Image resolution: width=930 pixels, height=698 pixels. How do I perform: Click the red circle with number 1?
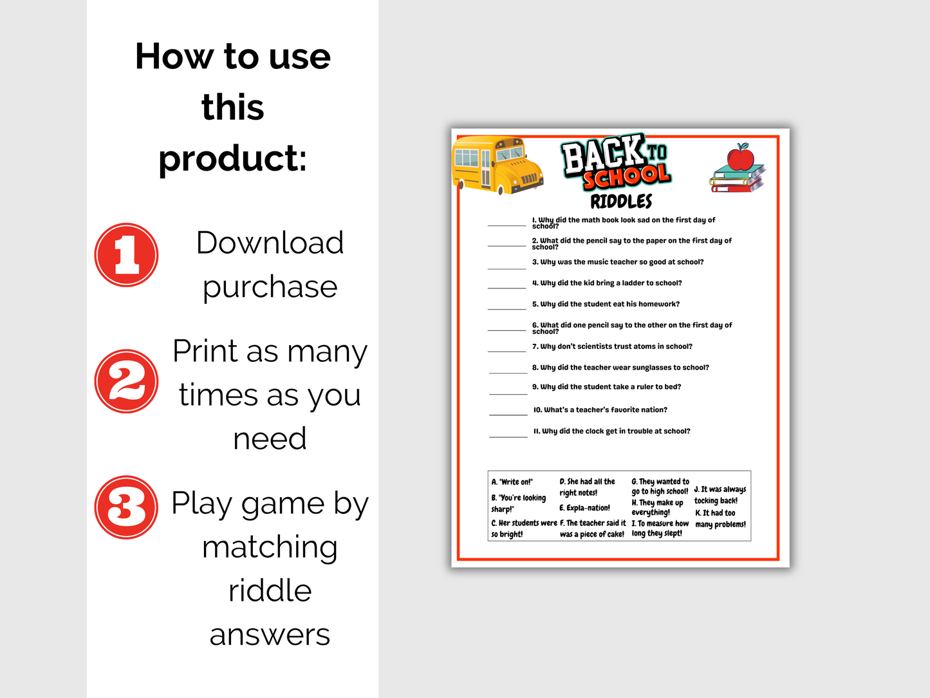(x=126, y=255)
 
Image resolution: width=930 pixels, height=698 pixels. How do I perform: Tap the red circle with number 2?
(x=126, y=381)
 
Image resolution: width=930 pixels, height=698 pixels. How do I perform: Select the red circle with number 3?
(x=126, y=507)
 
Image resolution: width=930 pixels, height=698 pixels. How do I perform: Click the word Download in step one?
(x=270, y=243)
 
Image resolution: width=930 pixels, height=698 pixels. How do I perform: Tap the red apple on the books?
(x=740, y=157)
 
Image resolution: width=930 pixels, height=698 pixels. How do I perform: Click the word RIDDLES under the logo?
(x=621, y=202)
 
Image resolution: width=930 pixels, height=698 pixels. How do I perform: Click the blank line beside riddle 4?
(x=507, y=288)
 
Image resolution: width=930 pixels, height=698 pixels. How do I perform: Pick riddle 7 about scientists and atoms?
(x=612, y=346)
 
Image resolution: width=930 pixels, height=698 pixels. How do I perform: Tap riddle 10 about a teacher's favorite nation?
(x=600, y=410)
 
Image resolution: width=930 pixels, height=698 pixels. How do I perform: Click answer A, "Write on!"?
(x=512, y=482)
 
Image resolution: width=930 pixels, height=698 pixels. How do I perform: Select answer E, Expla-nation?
(x=584, y=507)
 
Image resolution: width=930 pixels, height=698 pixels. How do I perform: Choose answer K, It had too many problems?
(x=720, y=518)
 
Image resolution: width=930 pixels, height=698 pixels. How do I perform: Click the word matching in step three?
(x=270, y=549)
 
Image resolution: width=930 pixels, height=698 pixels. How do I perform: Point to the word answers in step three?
(x=270, y=635)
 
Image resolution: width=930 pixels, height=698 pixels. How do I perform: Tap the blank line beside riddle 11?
(x=508, y=437)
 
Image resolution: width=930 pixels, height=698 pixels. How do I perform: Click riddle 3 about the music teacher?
(x=618, y=262)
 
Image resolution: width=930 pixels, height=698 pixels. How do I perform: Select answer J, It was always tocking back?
(x=720, y=495)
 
